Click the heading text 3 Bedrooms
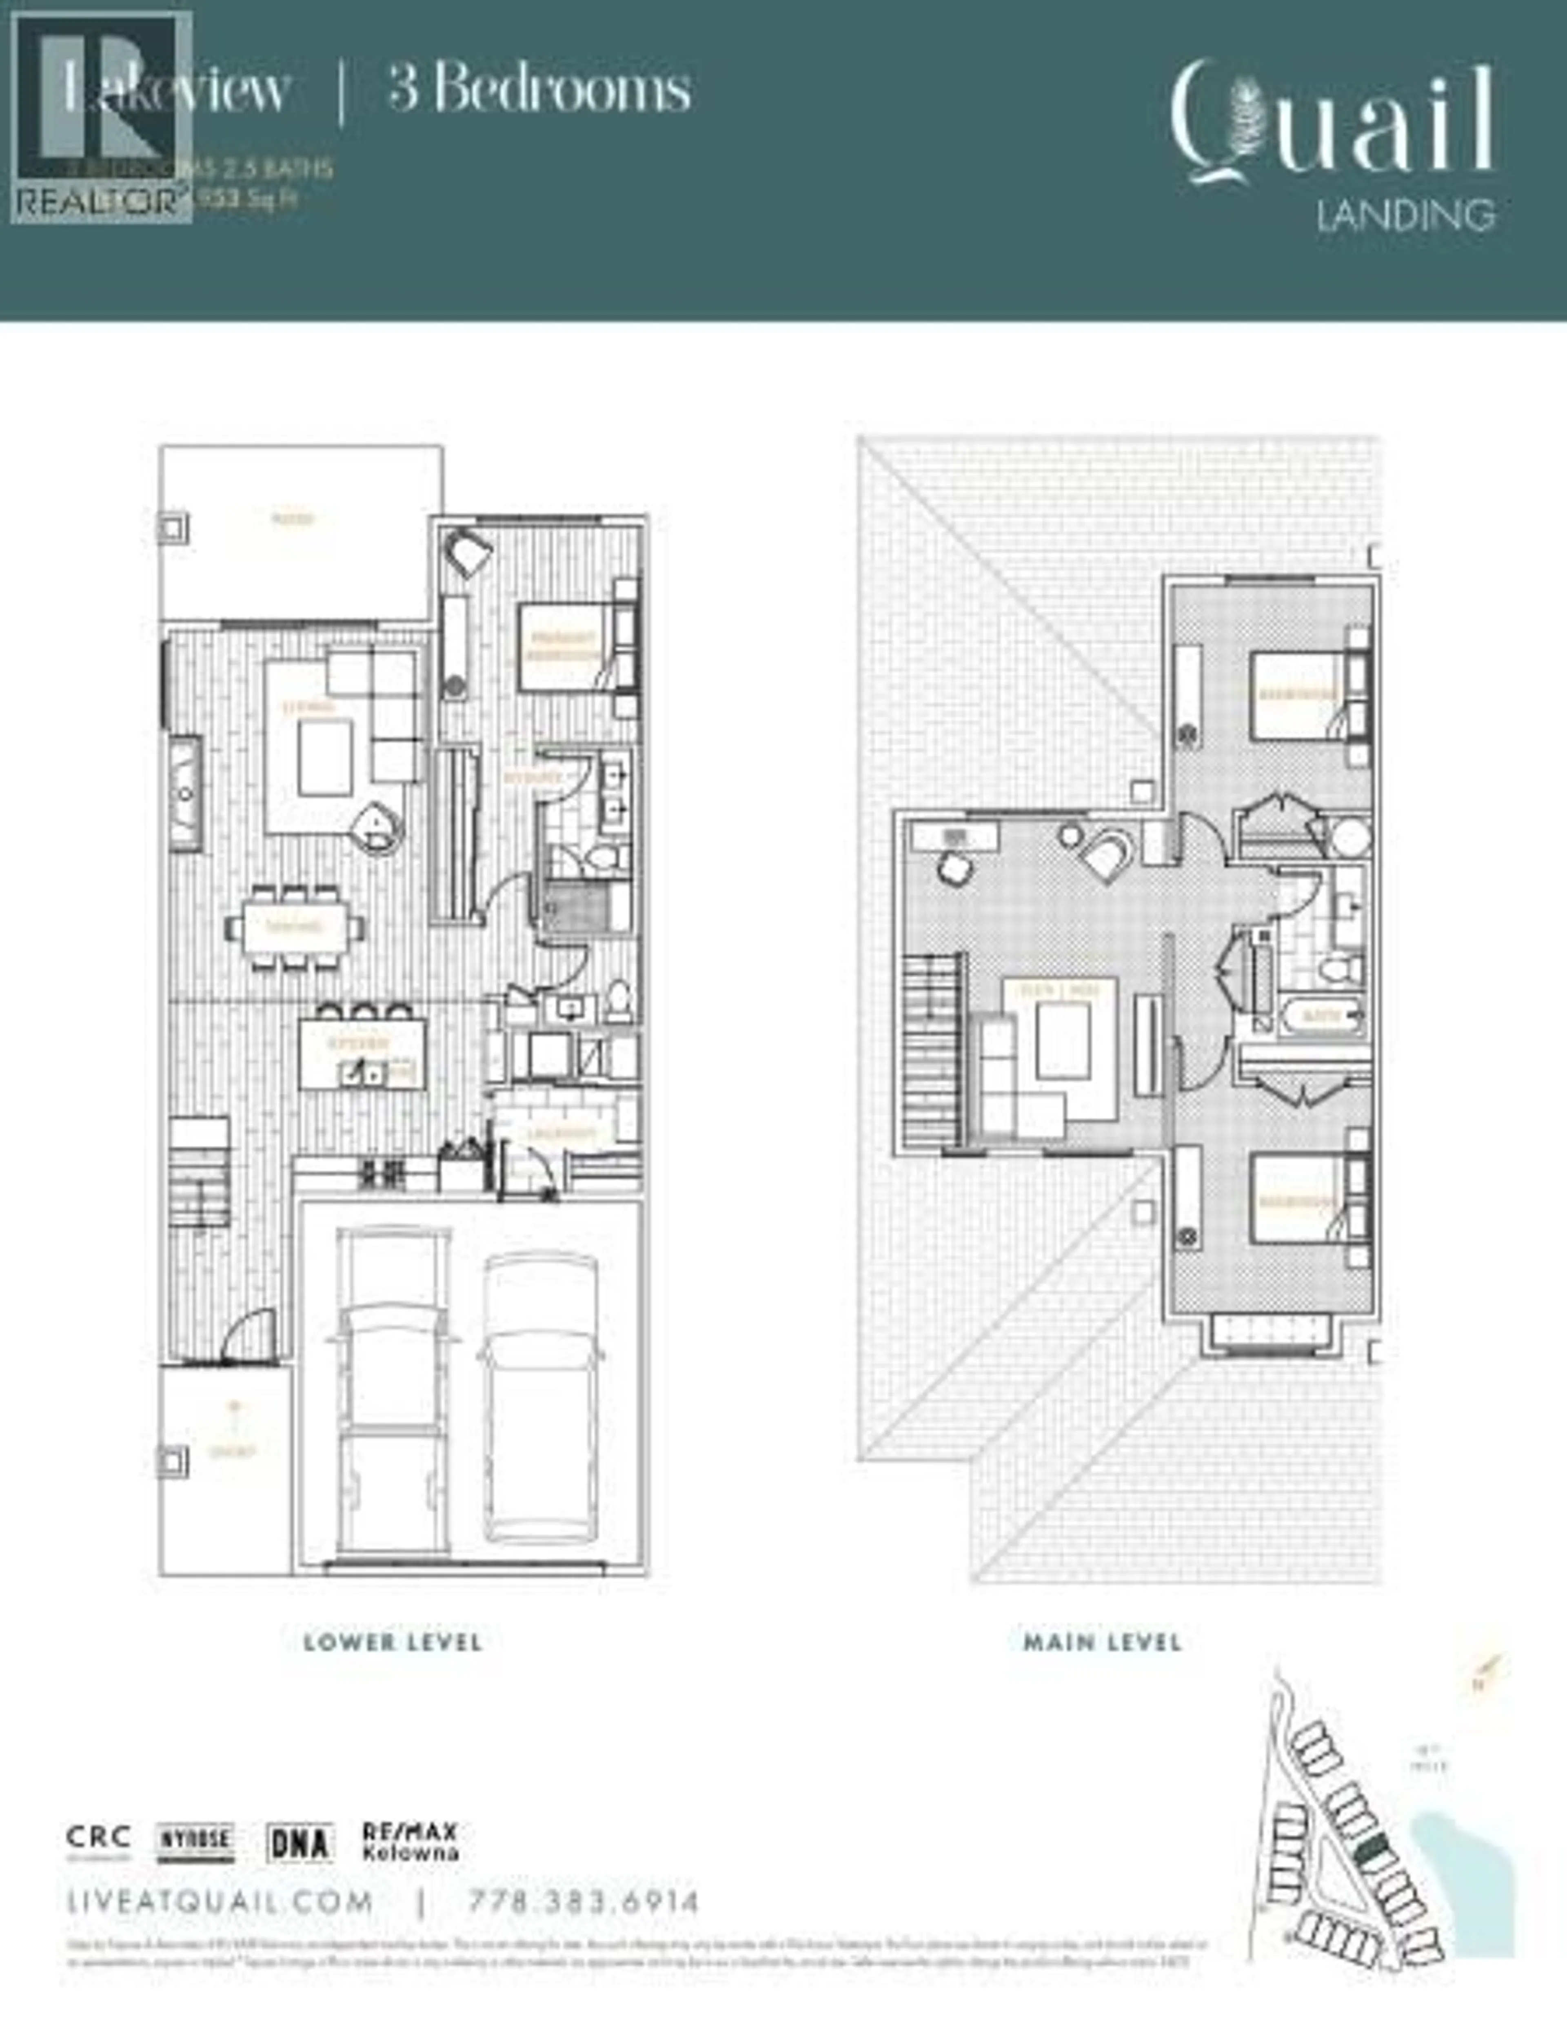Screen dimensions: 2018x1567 (x=539, y=90)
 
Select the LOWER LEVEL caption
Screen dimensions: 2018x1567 (x=393, y=1642)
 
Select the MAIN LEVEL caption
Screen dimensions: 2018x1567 (x=1102, y=1642)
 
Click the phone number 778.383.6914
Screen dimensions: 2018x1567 (x=584, y=1902)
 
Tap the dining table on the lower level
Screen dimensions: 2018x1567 (x=294, y=927)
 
